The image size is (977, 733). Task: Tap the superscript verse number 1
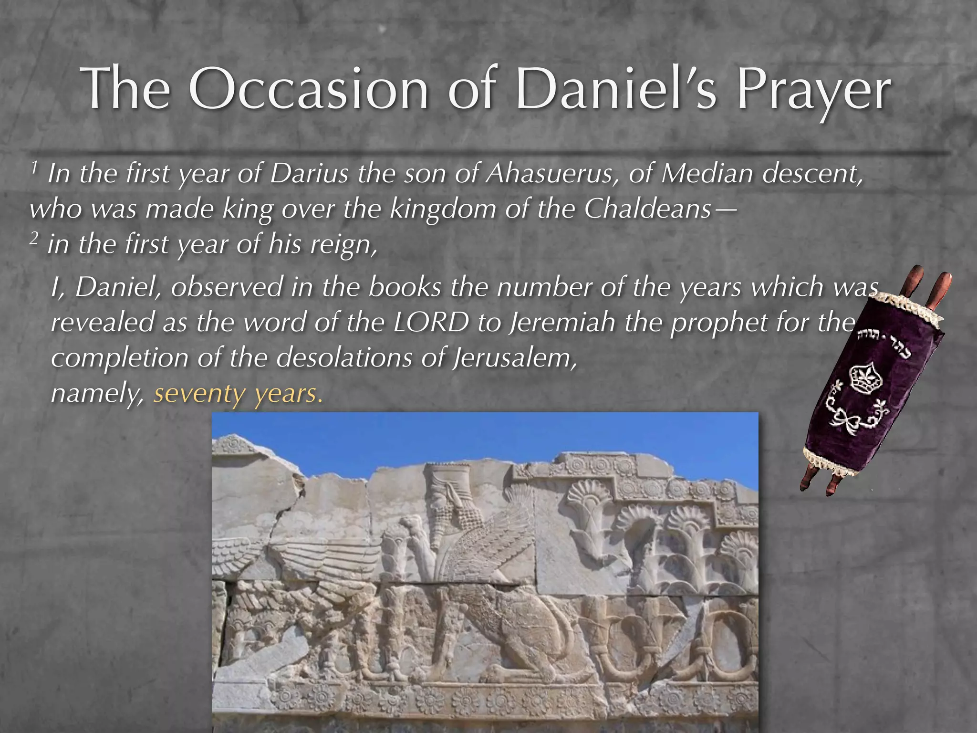point(34,168)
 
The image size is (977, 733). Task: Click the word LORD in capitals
point(431,323)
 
